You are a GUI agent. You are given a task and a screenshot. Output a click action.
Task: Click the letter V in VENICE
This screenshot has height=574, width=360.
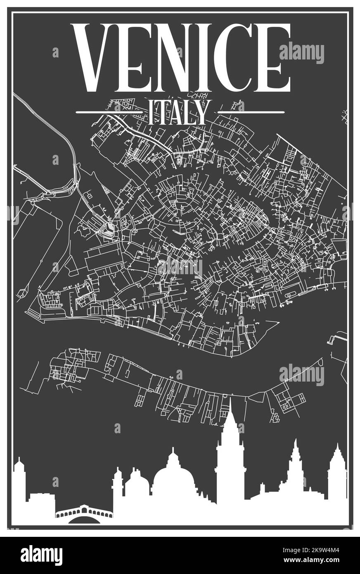94,58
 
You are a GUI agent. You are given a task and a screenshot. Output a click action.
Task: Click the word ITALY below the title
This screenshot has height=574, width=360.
177,112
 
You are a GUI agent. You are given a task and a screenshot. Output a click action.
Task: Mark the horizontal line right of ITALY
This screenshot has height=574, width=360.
251,112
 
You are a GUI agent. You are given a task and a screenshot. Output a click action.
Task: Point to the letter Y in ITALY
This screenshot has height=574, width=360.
198,112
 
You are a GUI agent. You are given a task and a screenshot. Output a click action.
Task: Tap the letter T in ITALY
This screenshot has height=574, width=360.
162,112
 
